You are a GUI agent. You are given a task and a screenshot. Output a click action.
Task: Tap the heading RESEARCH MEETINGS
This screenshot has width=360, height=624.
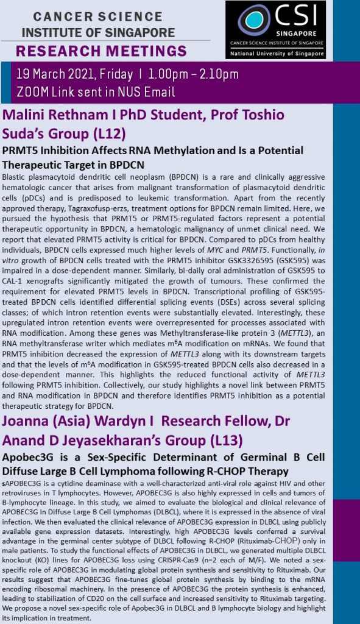tap(102, 50)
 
